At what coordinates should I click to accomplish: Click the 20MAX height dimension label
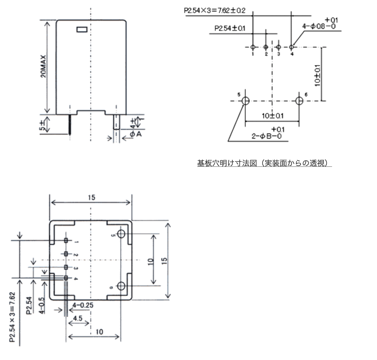click(43, 67)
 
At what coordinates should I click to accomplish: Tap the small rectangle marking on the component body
click(82, 29)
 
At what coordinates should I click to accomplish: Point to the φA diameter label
click(136, 134)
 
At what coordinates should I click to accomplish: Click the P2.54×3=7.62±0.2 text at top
click(215, 11)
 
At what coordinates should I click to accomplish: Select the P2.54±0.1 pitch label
click(230, 28)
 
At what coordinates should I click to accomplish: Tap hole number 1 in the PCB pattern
click(253, 47)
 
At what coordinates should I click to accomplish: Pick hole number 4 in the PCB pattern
click(291, 47)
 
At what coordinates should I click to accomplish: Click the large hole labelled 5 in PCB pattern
click(245, 101)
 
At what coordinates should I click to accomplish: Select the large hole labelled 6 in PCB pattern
click(299, 101)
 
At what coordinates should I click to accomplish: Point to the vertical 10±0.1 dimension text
click(317, 75)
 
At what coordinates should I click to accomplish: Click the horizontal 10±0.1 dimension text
click(272, 116)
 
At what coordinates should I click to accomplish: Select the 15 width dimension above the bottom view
click(91, 198)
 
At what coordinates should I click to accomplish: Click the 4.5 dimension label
click(78, 318)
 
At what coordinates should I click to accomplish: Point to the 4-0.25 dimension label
click(83, 305)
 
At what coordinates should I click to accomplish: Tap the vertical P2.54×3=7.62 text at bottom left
click(12, 317)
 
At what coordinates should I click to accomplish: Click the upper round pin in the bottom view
click(121, 234)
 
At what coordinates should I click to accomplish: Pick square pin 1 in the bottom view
click(66, 240)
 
